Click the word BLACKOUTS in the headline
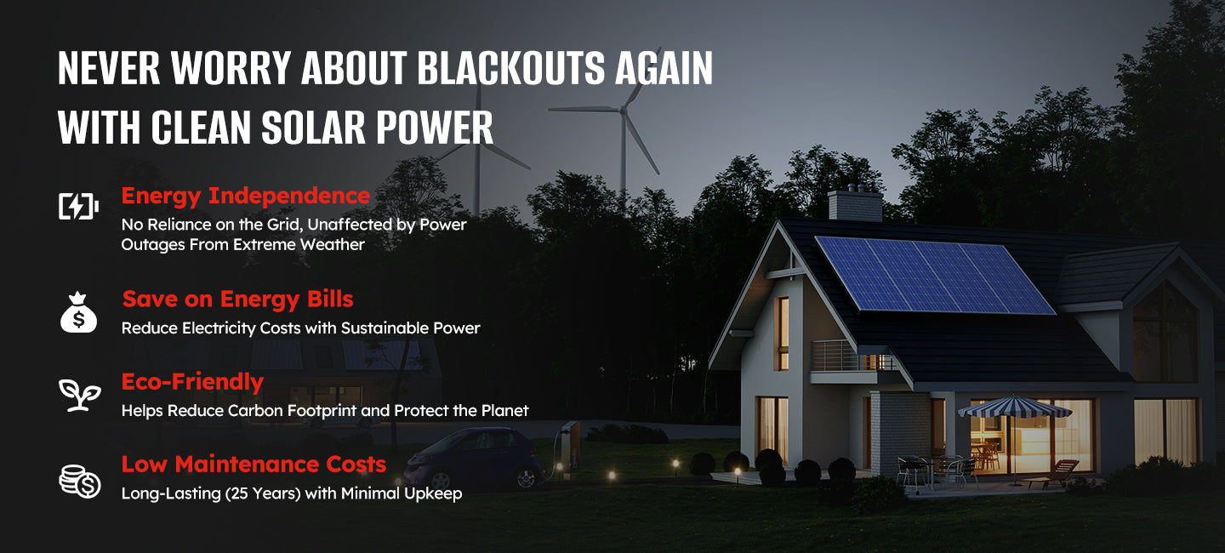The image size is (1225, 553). click(x=510, y=68)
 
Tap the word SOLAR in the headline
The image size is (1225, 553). click(x=313, y=128)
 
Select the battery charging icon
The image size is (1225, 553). click(x=79, y=206)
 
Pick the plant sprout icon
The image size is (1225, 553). click(x=80, y=395)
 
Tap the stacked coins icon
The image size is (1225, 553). click(x=80, y=482)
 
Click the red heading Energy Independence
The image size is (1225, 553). click(x=246, y=196)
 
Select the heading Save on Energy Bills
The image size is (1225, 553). click(x=238, y=299)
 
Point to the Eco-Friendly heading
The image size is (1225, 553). click(x=192, y=382)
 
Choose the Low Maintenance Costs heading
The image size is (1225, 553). click(x=254, y=465)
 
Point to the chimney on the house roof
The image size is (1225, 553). click(x=855, y=203)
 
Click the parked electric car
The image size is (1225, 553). click(x=474, y=459)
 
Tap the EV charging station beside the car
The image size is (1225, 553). click(x=569, y=448)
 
